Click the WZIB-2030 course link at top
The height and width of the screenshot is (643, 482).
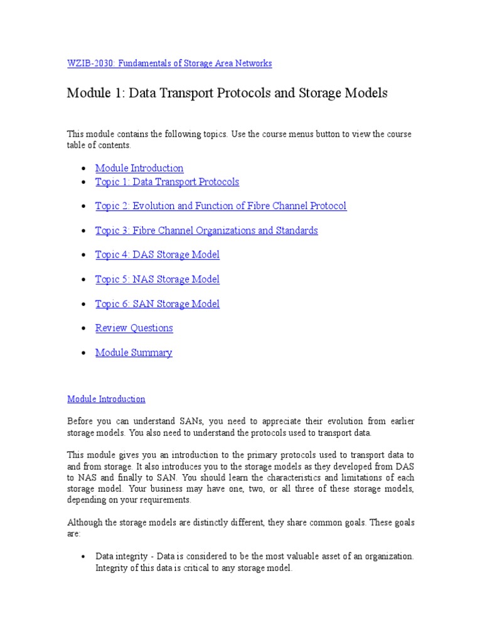pyautogui.click(x=169, y=63)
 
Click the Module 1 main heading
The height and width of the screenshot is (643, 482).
pyautogui.click(x=227, y=94)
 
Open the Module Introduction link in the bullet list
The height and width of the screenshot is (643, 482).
pyautogui.click(x=139, y=168)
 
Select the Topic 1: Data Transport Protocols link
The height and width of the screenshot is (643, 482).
pyautogui.click(x=167, y=182)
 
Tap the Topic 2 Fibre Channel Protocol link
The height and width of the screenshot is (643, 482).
pyautogui.click(x=220, y=206)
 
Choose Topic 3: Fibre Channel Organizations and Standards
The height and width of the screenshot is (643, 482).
pyautogui.click(x=206, y=230)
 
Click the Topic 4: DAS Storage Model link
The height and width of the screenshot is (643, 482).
pyautogui.click(x=157, y=255)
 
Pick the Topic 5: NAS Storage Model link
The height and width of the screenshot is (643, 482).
pyautogui.click(x=157, y=279)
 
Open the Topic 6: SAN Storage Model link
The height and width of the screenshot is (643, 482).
pyautogui.click(x=157, y=304)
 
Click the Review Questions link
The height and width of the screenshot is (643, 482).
pyautogui.click(x=134, y=328)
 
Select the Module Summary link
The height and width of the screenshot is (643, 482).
pyautogui.click(x=134, y=353)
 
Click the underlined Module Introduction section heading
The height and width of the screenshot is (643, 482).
pyautogui.click(x=106, y=399)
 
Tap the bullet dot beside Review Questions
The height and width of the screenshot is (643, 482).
pyautogui.click(x=84, y=329)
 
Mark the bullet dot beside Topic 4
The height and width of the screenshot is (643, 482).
pyautogui.click(x=84, y=256)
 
